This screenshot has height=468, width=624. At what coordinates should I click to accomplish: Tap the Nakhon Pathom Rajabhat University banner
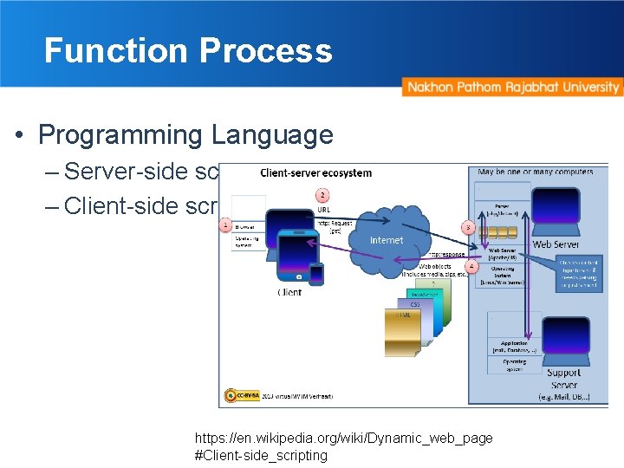tap(512, 88)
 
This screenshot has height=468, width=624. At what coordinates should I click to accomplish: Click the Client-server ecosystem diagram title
tap(315, 172)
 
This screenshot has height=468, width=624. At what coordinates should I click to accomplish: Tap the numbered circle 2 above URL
tap(322, 196)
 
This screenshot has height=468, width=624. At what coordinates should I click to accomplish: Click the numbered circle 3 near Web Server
tap(467, 227)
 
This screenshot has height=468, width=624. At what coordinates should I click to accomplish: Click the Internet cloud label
tap(387, 240)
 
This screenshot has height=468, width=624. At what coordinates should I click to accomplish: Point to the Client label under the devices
tap(289, 292)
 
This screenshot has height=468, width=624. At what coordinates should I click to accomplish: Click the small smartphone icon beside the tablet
tap(317, 274)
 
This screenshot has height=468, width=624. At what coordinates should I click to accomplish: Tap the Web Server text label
tap(556, 245)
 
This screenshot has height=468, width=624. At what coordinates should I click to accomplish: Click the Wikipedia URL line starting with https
tap(343, 439)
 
